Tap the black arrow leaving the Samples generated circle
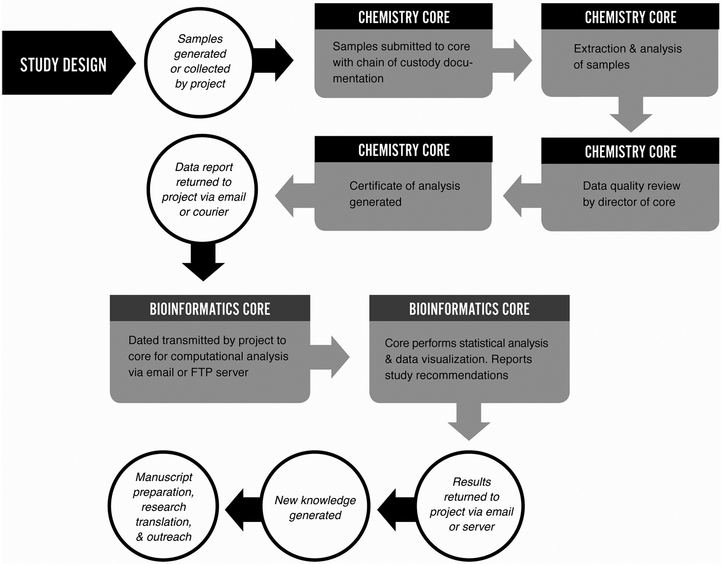(x=273, y=60)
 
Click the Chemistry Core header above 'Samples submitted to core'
(x=403, y=17)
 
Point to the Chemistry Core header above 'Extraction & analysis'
(x=630, y=17)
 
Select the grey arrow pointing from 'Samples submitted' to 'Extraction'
(x=512, y=60)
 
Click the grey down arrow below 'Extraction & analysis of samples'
(x=631, y=114)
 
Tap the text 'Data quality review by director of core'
(x=631, y=194)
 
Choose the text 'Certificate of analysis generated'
(x=404, y=194)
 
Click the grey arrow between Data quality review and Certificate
(x=522, y=196)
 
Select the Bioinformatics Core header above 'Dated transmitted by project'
(x=210, y=309)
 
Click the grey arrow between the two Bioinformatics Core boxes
(x=330, y=357)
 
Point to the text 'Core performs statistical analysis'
(x=466, y=343)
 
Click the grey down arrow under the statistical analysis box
(x=469, y=422)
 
